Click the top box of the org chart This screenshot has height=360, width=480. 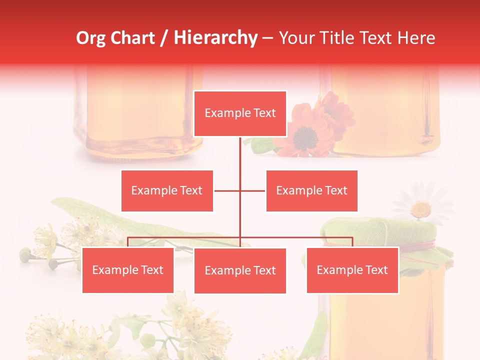point(240,113)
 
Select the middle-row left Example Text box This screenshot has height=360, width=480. point(167,190)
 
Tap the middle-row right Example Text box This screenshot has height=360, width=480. point(311,190)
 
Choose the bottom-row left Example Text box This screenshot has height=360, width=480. point(128,270)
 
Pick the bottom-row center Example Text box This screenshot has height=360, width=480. point(240,270)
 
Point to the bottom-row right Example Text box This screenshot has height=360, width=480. point(352,270)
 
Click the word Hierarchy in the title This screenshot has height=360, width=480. point(215,38)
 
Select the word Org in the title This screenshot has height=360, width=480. point(91,38)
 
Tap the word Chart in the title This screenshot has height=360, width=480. point(131,38)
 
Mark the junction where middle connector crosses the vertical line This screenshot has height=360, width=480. point(240,190)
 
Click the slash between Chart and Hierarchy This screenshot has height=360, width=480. point(164,38)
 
